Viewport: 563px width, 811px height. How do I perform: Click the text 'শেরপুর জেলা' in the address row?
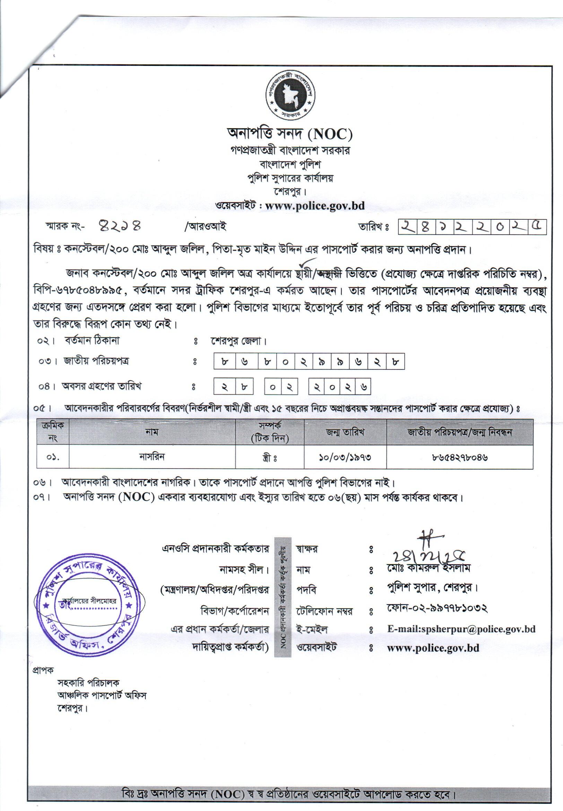tap(239, 341)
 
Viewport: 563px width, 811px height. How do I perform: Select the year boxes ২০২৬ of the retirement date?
tap(340, 387)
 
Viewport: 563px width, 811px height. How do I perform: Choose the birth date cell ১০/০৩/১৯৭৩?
tap(345, 457)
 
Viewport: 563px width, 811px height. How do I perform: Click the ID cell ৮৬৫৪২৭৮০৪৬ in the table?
tap(460, 457)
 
